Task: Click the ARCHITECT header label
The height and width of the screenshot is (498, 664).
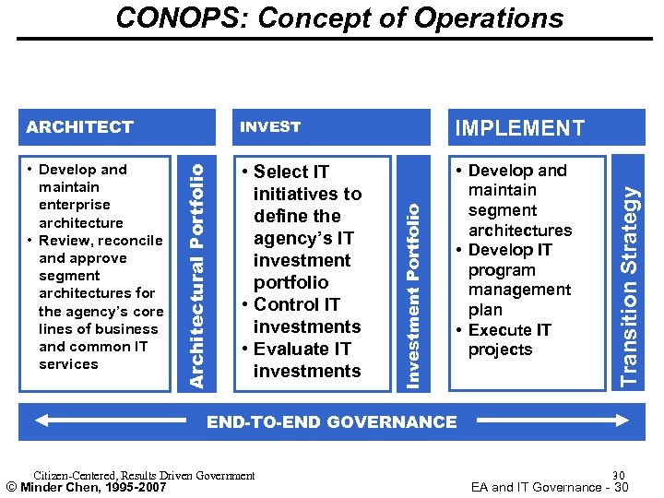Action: point(80,126)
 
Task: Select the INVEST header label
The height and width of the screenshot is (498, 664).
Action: point(270,126)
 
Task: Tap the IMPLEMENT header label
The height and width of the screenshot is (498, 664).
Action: point(519,128)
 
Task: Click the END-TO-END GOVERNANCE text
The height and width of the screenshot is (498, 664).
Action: point(331,422)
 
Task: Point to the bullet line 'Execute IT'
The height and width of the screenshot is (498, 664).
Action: point(509,329)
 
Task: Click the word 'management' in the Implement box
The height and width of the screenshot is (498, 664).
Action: point(519,290)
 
